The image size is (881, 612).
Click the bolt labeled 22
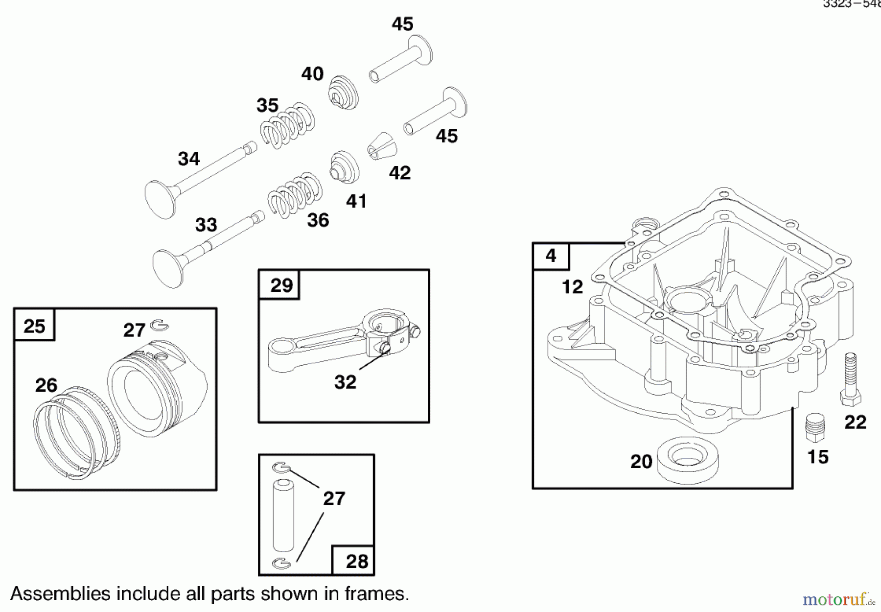coord(851,379)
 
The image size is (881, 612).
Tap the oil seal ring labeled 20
coord(687,459)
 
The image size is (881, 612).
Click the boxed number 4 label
coord(551,256)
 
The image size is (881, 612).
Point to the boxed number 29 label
coord(281,285)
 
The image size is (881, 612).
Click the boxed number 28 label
coord(356,561)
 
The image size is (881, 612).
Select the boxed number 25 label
coord(34,326)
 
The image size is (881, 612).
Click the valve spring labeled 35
coord(287,125)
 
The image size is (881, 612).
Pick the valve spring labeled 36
coord(295,195)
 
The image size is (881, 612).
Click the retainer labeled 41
coord(345,167)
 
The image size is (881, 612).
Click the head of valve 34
coord(160,199)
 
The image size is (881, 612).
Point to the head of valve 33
coord(168,268)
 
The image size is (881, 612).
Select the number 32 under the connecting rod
coord(345,382)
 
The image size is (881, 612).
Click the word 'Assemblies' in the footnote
coord(60,594)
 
